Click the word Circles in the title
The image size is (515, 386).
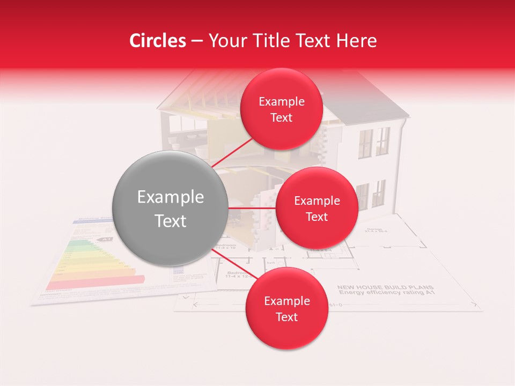pyautogui.click(x=157, y=41)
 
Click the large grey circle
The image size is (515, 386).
pyautogui.click(x=170, y=208)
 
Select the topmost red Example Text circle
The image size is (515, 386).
pyautogui.click(x=281, y=109)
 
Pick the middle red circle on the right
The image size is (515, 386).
pyautogui.click(x=317, y=208)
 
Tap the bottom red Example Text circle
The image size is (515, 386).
pyautogui.click(x=286, y=308)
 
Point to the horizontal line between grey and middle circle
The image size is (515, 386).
pyautogui.click(x=252, y=208)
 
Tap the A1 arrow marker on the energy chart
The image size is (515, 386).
pyautogui.click(x=106, y=239)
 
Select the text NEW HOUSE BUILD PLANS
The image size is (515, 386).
pyautogui.click(x=385, y=287)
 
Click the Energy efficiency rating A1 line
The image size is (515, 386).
pyautogui.click(x=385, y=293)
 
